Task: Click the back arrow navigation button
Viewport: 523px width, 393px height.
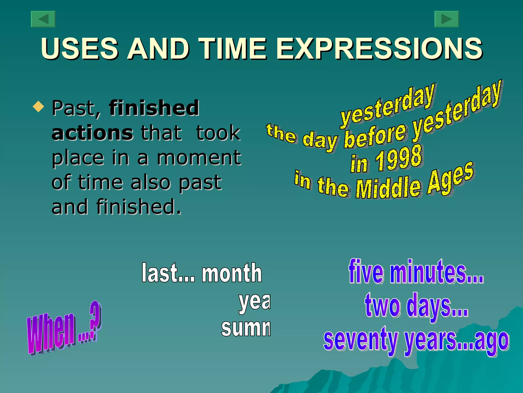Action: click(43, 19)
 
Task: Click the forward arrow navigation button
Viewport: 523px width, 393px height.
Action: click(447, 19)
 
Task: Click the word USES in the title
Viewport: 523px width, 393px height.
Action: click(79, 49)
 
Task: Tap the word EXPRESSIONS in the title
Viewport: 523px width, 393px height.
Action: click(379, 49)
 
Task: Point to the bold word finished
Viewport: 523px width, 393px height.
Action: click(154, 108)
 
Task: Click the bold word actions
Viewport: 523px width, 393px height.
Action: click(92, 133)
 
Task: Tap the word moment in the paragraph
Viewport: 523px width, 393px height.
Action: click(199, 158)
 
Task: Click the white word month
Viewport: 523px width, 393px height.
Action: click(232, 273)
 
